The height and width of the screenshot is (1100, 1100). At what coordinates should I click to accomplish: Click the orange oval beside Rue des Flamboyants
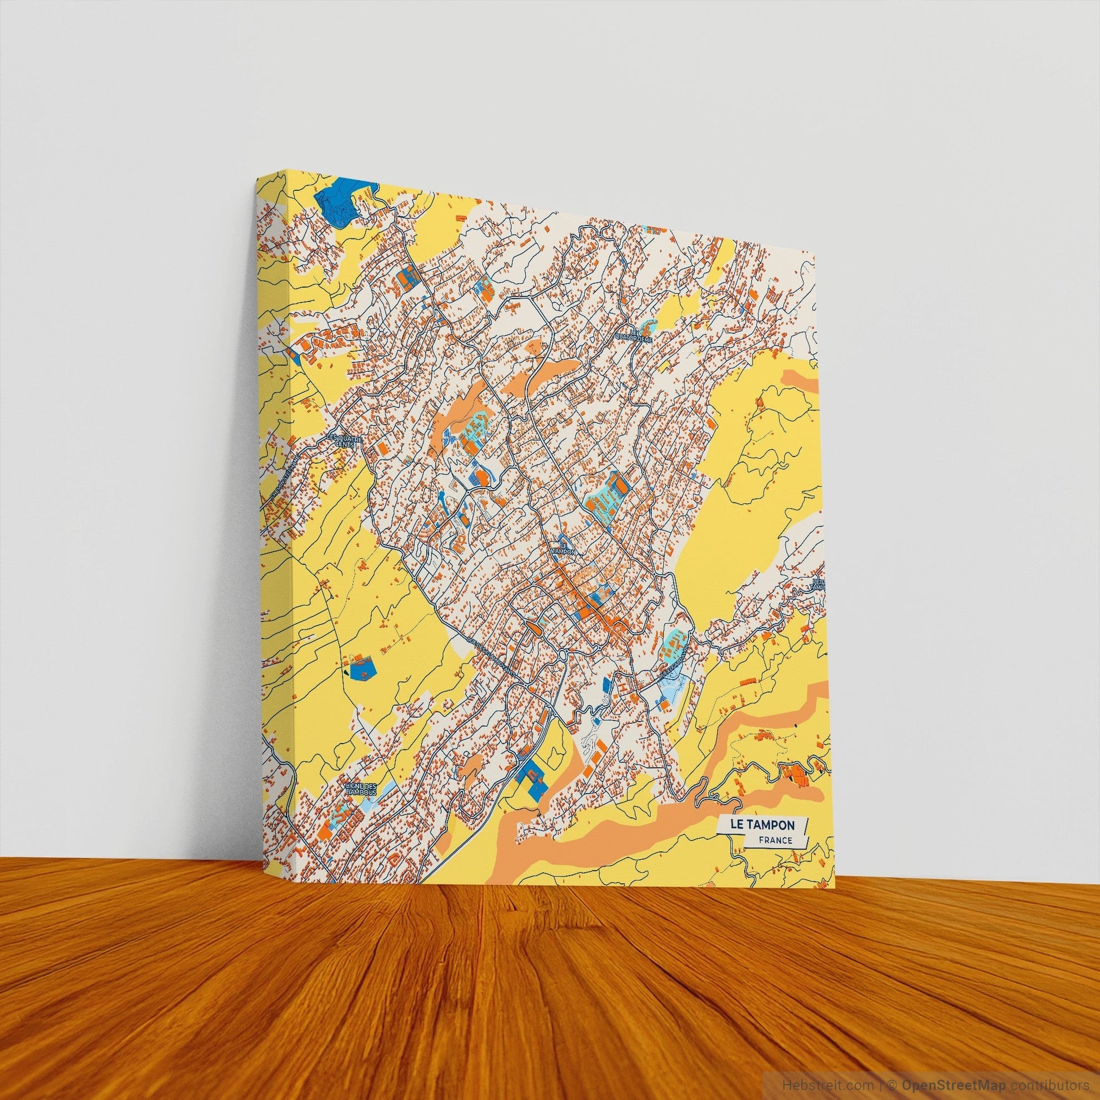click(x=534, y=627)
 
